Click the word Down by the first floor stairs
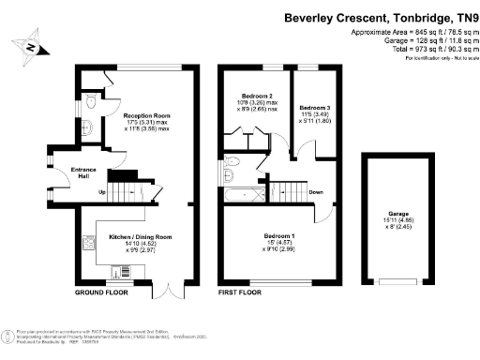point(316,193)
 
